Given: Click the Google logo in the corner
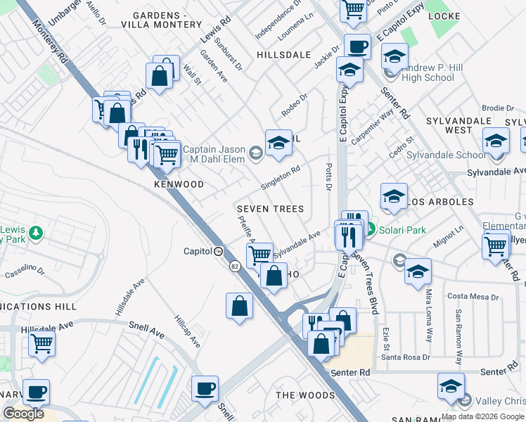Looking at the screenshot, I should pyautogui.click(x=23, y=414).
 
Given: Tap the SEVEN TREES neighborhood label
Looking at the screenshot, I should pyautogui.click(x=270, y=209).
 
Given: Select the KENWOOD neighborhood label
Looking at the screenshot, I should pyautogui.click(x=179, y=184).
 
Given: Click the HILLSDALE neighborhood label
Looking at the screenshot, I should pyautogui.click(x=283, y=54).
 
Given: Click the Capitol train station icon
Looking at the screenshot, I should pyautogui.click(x=219, y=251).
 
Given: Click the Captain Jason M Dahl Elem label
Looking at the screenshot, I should pyautogui.click(x=214, y=154).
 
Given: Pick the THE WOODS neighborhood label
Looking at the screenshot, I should pyautogui.click(x=305, y=395).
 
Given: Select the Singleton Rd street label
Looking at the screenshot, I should pyautogui.click(x=281, y=178).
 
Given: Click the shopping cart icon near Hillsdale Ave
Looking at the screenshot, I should pyautogui.click(x=42, y=345).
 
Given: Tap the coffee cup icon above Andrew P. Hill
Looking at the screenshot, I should pyautogui.click(x=357, y=46).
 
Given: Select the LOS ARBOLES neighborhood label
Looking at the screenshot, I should pyautogui.click(x=442, y=202).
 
